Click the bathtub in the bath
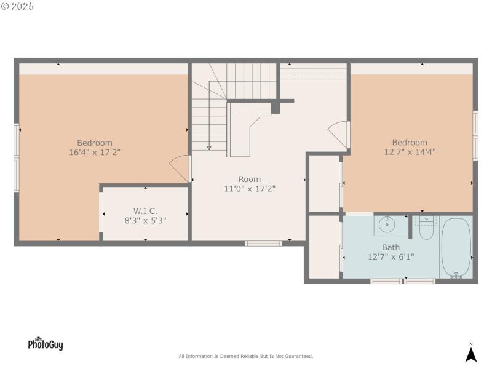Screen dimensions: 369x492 456,248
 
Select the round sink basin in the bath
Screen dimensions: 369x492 387,225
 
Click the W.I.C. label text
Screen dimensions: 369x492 145,210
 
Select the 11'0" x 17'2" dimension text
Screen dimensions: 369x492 250,189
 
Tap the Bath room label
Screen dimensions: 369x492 391,247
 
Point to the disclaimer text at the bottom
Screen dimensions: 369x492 246,356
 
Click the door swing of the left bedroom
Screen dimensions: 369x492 178,165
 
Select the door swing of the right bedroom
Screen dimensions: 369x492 339,132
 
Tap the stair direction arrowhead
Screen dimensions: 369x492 209,148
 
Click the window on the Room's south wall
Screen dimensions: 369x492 264,244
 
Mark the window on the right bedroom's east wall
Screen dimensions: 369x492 475,135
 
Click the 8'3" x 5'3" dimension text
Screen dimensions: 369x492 145,220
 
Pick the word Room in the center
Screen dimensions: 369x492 250,180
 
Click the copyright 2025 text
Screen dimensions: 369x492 18,6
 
